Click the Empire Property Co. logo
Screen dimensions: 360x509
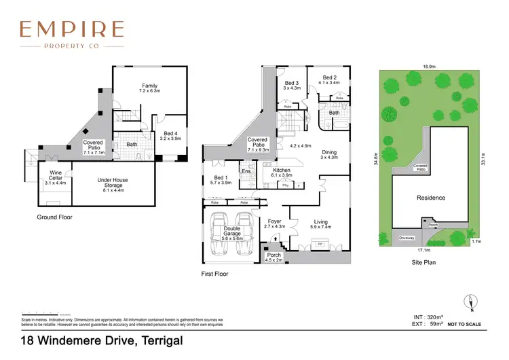71,35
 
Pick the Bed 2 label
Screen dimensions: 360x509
329,82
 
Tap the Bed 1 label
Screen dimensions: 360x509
217,179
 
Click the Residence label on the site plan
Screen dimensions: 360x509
431,198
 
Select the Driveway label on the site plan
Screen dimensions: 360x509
406,238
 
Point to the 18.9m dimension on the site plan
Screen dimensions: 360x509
429,67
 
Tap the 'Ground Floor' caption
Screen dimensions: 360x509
55,217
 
